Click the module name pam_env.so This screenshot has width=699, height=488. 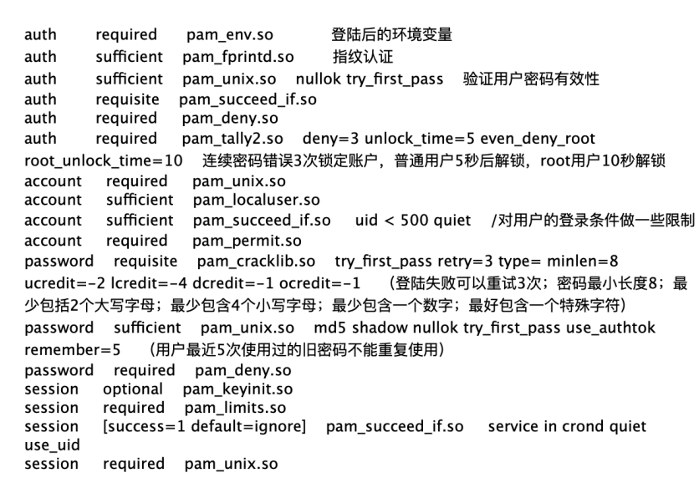click(x=230, y=35)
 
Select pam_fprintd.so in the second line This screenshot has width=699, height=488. click(x=238, y=57)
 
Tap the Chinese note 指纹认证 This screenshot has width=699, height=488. click(x=363, y=57)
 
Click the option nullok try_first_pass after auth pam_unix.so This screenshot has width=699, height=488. click(x=370, y=79)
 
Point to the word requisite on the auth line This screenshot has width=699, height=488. click(x=127, y=99)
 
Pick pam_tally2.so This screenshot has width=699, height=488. click(x=232, y=139)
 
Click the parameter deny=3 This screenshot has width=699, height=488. click(x=330, y=139)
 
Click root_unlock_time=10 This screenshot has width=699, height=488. click(x=104, y=160)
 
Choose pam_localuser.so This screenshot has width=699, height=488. click(x=257, y=200)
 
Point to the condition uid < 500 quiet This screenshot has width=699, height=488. click(x=413, y=220)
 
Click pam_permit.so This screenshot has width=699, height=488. click(x=247, y=241)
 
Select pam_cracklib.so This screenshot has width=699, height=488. click(x=256, y=262)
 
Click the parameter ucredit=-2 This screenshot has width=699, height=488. click(x=64, y=283)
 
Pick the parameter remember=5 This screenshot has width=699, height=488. click(x=72, y=350)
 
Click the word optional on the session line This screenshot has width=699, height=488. click(x=133, y=389)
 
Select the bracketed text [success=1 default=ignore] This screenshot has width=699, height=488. click(x=205, y=426)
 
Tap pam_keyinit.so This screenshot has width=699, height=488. click(x=237, y=389)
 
